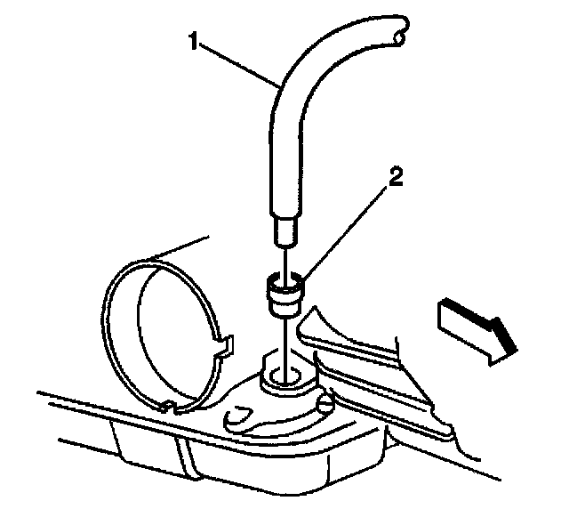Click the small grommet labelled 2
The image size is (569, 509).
coord(284,295)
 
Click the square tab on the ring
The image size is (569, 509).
coord(224,343)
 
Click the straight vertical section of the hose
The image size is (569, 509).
coord(283,160)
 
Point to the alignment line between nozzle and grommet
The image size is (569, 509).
coord(284,260)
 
